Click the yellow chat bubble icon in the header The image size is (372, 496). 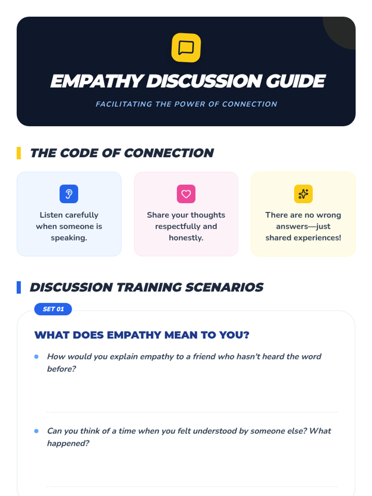186,48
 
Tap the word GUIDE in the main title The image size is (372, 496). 296,81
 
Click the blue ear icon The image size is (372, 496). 69,194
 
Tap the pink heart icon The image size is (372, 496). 186,194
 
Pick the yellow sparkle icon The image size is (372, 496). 303,194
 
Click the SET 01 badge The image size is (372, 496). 53,309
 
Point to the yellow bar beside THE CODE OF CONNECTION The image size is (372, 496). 19,153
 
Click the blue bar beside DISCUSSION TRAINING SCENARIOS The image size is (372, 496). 19,287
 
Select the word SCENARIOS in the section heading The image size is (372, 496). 224,287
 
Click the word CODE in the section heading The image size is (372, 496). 79,153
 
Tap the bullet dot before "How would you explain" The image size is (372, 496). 36,356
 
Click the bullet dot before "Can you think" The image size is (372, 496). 36,431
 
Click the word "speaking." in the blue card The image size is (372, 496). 69,238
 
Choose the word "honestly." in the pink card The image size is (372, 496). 186,238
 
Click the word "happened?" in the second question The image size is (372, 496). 68,444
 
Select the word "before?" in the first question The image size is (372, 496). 61,369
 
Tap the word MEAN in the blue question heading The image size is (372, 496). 181,335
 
